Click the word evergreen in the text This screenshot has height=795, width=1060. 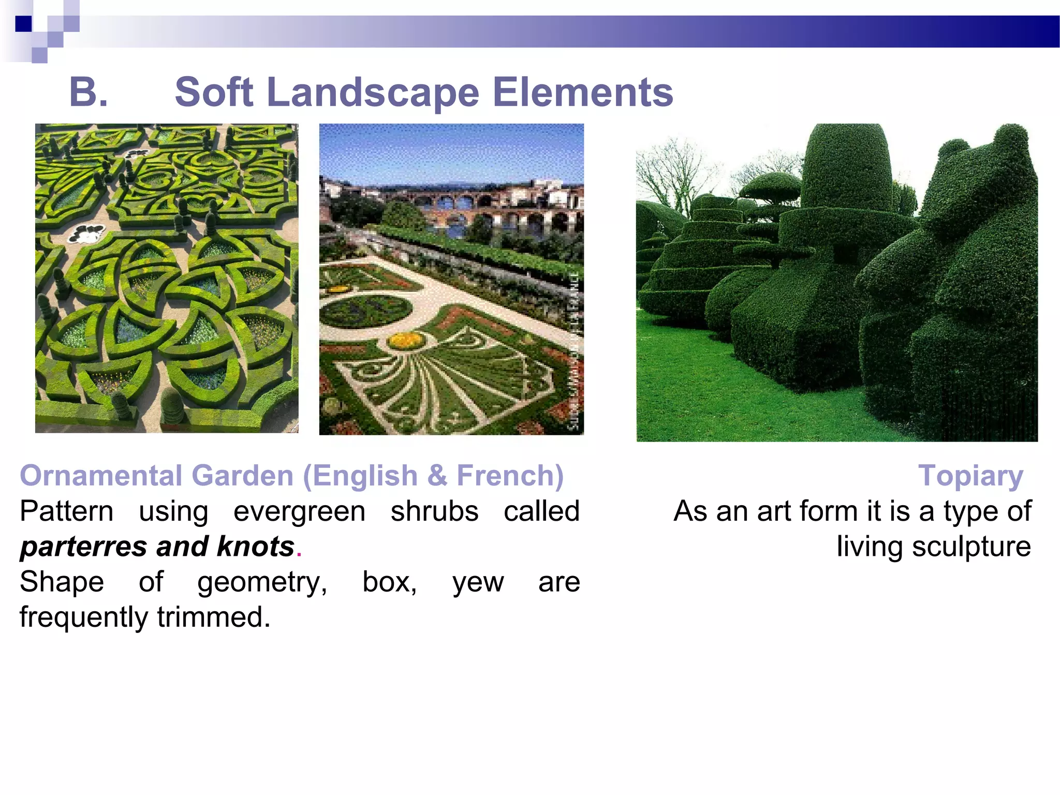point(299,511)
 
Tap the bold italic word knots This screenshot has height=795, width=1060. point(256,547)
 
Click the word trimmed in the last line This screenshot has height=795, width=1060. point(213,617)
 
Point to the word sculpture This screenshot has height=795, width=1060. point(971,547)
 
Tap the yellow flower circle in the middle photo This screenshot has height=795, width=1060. point(406,341)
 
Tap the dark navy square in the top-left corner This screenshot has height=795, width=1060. point(23,24)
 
